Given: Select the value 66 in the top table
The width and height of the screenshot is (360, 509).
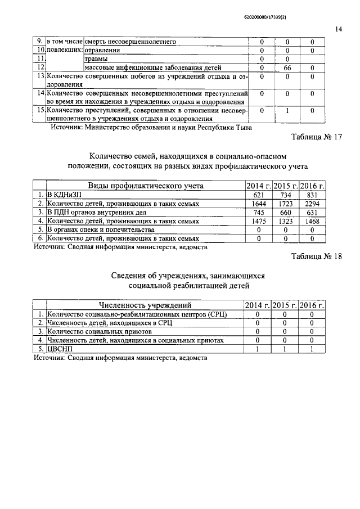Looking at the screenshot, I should [287, 67].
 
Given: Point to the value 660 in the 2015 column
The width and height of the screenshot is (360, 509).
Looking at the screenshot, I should [286, 212].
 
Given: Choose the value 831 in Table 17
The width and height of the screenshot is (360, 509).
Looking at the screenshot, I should [313, 194].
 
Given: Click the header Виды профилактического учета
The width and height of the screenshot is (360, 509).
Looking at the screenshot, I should [145, 185].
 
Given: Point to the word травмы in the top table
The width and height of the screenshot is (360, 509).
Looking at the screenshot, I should [96, 58].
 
